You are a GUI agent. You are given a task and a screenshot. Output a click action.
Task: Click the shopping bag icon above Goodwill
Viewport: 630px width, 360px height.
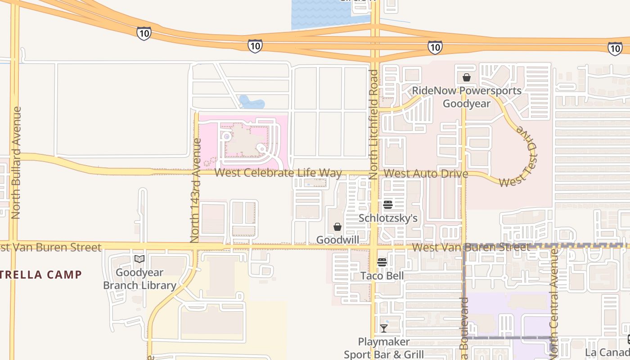coord(337,227)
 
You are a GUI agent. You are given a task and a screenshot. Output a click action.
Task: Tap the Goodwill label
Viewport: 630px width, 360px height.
coord(337,240)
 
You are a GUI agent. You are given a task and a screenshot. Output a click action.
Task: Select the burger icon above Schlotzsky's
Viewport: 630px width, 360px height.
coord(388,205)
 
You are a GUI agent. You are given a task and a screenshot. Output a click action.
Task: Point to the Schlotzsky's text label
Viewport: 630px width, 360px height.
coord(388,218)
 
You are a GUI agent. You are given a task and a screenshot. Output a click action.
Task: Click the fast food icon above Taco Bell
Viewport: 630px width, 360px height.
coord(382,262)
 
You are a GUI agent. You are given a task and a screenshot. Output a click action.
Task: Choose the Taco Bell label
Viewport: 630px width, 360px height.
coord(382,275)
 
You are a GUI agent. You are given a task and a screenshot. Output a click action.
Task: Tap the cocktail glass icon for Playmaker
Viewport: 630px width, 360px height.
coord(384,328)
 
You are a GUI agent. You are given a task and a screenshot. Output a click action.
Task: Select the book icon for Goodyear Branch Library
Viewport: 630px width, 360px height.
coord(139,259)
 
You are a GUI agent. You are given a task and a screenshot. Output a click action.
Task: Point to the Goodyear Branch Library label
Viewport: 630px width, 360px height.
coord(139,279)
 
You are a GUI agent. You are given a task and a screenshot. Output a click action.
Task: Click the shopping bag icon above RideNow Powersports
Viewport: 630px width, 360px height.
coord(467,77)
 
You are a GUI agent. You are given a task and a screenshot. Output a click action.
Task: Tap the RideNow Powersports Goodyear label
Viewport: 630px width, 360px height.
coord(467,97)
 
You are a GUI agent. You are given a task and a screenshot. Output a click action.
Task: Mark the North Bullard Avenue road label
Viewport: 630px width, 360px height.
coord(17,162)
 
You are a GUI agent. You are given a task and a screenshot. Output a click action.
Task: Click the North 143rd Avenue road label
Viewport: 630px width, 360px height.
coord(195,190)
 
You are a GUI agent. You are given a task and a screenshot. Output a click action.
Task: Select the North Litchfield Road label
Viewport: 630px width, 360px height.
coord(373,125)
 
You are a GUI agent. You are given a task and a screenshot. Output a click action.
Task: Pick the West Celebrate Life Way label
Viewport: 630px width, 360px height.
coord(278,173)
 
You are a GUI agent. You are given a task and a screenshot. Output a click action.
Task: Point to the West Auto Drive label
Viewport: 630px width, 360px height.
coord(426,174)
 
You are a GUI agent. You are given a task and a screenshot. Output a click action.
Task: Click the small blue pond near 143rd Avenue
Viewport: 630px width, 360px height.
coord(251,103)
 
